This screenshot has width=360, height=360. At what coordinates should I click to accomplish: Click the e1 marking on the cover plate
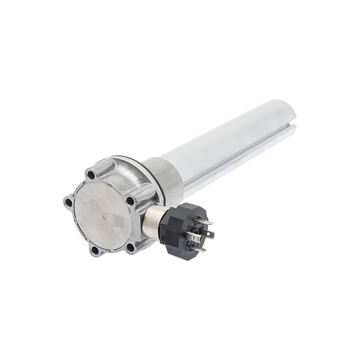coord(103,216)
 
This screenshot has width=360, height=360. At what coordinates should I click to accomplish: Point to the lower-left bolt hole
coord(95,250)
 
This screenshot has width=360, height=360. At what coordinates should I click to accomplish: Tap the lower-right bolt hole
coord(130,247)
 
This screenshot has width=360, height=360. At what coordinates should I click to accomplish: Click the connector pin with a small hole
coord(209,234)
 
